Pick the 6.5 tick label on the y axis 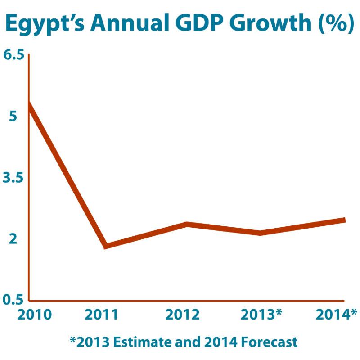13,55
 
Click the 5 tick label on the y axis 13,116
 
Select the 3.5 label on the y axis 13,178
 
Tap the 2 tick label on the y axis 13,239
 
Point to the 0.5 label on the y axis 13,299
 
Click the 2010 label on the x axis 34,314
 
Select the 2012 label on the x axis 182,314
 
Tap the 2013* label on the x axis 261,314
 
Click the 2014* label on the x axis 336,314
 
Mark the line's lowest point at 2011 105,246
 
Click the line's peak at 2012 185,224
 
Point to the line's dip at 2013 260,233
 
